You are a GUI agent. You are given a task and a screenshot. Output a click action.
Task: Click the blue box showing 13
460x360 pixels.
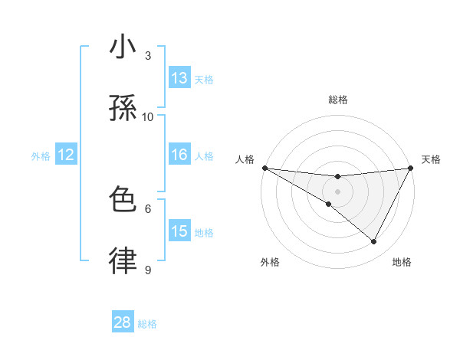(x=179, y=78)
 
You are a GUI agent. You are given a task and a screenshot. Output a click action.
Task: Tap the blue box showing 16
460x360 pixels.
(x=179, y=155)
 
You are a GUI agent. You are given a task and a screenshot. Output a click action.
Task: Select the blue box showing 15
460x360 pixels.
(x=179, y=231)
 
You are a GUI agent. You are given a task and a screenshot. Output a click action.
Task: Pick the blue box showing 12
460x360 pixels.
(x=66, y=155)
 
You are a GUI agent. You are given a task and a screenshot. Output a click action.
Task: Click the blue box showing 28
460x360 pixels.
(x=123, y=322)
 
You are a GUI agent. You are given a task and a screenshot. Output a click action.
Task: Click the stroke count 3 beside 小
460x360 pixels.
(x=148, y=55)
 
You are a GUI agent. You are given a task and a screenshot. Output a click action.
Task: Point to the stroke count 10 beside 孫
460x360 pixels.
(x=148, y=116)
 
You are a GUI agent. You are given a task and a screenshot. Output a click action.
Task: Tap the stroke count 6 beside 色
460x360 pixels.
(x=148, y=208)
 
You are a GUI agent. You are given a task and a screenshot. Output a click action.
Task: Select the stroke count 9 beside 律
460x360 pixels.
(x=148, y=269)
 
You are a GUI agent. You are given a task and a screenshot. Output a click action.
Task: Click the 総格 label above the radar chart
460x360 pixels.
(x=338, y=100)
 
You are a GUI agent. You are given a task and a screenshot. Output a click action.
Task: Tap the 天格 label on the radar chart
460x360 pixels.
(x=431, y=159)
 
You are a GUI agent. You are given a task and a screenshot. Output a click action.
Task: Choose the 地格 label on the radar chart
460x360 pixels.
(x=402, y=262)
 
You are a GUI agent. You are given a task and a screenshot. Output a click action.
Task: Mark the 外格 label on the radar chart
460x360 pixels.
(x=270, y=262)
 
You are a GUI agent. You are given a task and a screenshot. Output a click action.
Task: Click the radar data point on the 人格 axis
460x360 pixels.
(x=264, y=168)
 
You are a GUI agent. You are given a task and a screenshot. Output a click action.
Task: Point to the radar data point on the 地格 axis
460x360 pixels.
(x=374, y=242)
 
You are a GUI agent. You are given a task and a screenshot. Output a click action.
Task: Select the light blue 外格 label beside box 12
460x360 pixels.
(x=41, y=155)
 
